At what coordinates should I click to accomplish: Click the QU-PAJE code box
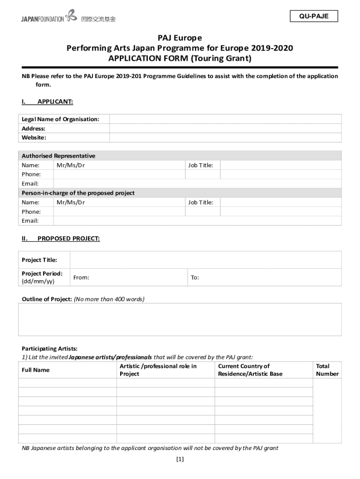click(314, 16)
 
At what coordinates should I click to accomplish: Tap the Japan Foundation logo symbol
click(72, 16)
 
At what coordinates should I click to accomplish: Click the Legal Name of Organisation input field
click(225, 119)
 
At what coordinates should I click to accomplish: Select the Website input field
click(225, 138)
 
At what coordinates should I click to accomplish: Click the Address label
click(34, 129)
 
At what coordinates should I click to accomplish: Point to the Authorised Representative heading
click(58, 156)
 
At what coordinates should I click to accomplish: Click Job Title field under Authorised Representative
click(280, 165)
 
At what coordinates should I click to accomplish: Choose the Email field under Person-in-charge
click(197, 221)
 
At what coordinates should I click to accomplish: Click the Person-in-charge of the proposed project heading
click(78, 193)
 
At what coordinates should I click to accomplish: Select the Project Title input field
click(205, 260)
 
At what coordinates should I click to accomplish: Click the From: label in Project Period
click(81, 278)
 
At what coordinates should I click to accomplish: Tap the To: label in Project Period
click(195, 278)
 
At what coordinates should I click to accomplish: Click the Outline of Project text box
click(180, 319)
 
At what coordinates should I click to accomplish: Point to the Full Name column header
click(36, 370)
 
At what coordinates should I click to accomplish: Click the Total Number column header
click(327, 370)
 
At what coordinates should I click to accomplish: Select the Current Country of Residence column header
click(250, 370)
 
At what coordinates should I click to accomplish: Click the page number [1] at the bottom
click(180, 459)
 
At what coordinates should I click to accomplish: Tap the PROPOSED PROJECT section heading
click(68, 239)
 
